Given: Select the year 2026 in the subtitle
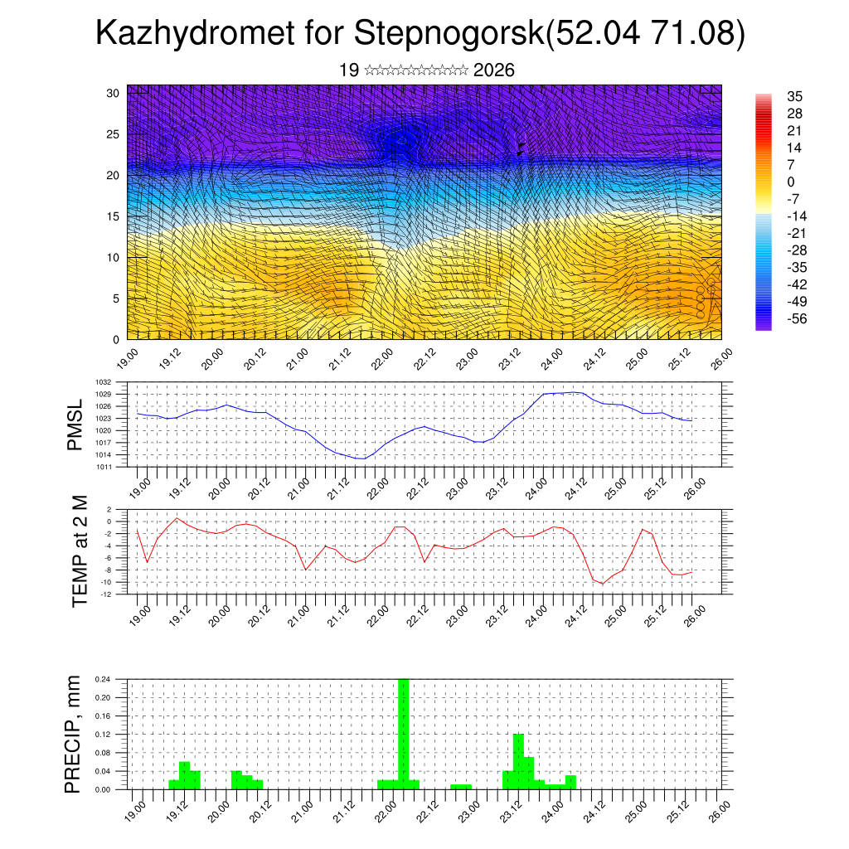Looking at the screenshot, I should (494, 70).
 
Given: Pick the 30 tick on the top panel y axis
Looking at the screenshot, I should (114, 92).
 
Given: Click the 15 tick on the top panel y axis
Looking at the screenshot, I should (114, 216).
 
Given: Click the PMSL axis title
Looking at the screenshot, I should (75, 424).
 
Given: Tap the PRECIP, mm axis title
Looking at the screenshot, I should (75, 734).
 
